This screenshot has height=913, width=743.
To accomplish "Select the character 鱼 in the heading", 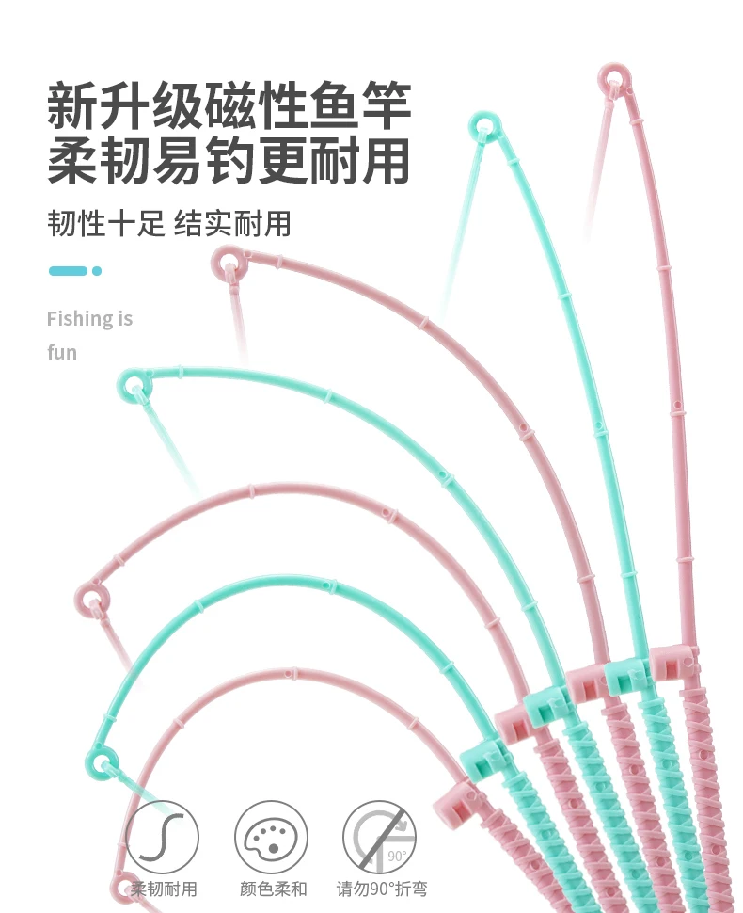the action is (334, 105).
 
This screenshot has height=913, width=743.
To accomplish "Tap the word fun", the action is (62, 352).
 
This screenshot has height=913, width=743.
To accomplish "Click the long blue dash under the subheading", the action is (68, 271).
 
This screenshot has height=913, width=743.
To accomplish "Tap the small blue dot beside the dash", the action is (97, 271).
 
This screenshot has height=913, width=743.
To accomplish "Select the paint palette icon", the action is (271, 837).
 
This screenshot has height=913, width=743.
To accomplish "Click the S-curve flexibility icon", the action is (163, 837).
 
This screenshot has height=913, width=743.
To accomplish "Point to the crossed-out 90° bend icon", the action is (379, 837).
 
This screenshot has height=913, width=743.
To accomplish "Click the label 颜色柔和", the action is (273, 889).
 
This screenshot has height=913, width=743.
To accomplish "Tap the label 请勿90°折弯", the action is (382, 889).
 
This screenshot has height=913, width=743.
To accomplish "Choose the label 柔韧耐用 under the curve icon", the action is (164, 889).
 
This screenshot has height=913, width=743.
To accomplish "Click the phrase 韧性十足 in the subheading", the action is (106, 224).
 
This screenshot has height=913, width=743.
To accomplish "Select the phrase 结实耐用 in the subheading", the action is (232, 224).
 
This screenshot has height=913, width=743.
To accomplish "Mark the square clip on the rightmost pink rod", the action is (673, 663).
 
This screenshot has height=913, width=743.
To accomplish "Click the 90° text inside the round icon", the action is (398, 856).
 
